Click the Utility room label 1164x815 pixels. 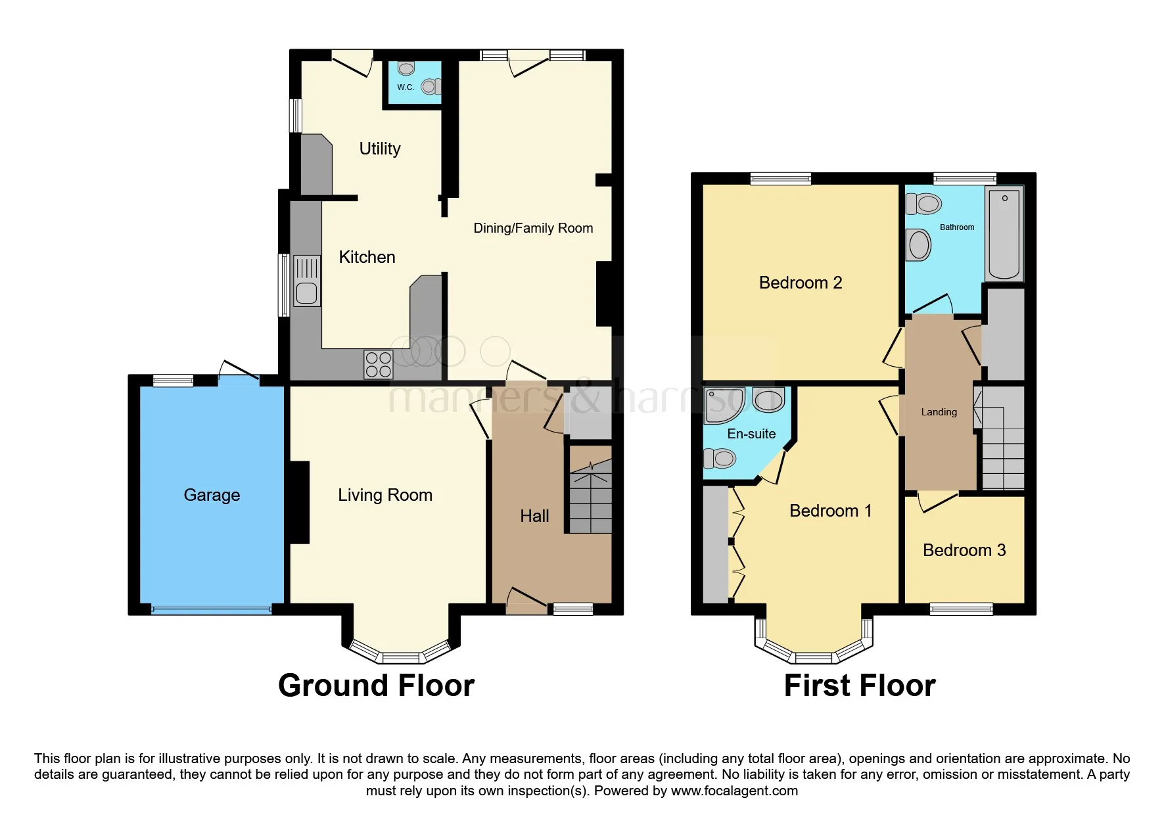click(380, 149)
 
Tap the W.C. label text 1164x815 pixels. click(406, 87)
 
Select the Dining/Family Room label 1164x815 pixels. click(533, 228)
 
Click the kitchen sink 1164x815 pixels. click(307, 281)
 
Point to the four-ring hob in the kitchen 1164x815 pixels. click(379, 365)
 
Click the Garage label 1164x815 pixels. click(212, 495)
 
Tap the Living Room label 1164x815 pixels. click(385, 495)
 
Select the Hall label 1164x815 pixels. click(534, 516)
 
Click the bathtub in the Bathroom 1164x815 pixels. click(1004, 234)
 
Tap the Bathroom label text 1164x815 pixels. click(957, 227)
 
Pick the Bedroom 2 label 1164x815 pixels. click(801, 283)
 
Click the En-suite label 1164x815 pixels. click(751, 434)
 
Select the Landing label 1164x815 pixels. click(939, 412)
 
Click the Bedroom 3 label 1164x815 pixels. click(964, 550)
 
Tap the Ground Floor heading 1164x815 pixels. click(376, 686)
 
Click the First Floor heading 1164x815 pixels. click(860, 686)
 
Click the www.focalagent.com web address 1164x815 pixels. click(734, 791)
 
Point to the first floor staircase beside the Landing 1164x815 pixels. click(1000, 438)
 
